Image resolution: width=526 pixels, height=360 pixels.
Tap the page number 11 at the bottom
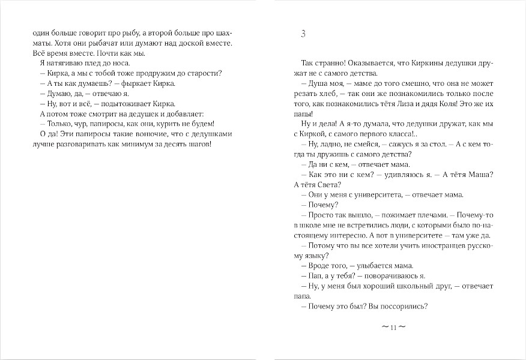pyautogui.click(x=394, y=328)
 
